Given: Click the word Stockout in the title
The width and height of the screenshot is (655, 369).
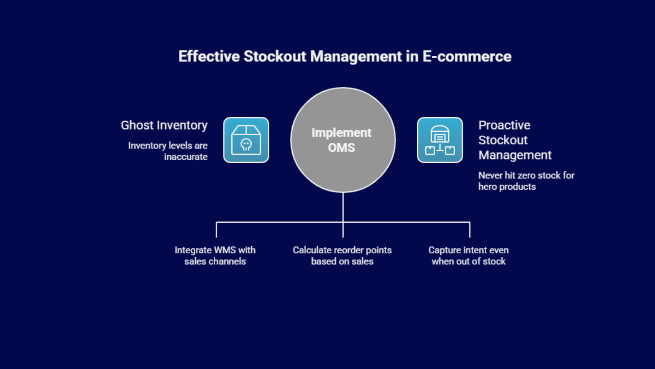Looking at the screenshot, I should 274,56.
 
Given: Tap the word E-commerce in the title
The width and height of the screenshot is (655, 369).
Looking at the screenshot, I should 467,56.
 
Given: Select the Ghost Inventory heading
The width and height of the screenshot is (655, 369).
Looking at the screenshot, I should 164,125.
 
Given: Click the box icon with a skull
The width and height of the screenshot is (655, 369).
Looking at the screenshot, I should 246,140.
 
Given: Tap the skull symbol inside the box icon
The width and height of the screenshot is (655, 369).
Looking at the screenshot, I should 246,144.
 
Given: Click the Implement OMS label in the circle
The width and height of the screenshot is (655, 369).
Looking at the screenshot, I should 341,140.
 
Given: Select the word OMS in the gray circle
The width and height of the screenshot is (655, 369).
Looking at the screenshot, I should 341,148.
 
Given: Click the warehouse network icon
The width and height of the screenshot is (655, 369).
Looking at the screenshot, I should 440,140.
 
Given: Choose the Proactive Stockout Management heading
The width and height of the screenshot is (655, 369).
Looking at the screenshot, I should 515,140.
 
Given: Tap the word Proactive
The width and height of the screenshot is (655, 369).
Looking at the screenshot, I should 504,125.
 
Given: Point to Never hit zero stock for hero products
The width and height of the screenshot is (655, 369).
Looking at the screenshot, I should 526,181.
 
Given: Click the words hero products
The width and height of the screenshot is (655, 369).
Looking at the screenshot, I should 507,187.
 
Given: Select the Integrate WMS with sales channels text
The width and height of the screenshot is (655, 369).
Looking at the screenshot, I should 215,255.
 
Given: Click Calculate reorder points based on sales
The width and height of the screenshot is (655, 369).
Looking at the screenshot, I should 342,255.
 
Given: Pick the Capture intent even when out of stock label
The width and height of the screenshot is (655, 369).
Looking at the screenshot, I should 468,255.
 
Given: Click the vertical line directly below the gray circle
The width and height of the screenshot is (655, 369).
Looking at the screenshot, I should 343,207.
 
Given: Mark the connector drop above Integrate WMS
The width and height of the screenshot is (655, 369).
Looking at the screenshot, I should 216,230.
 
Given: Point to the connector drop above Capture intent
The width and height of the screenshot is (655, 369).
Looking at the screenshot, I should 470,230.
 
